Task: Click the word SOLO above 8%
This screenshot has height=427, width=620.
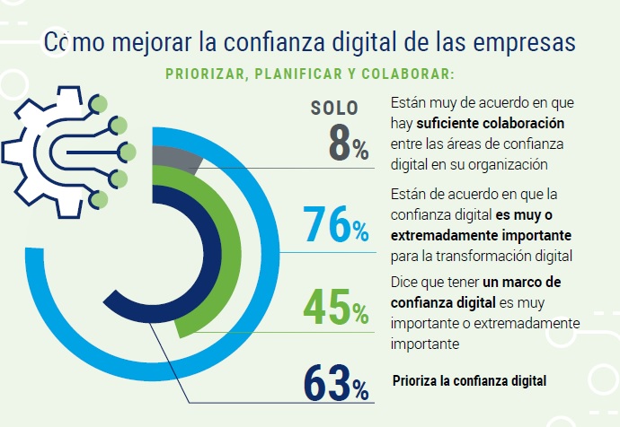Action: pos(334,109)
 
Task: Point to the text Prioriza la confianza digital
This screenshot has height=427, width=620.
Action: pos(470,380)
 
